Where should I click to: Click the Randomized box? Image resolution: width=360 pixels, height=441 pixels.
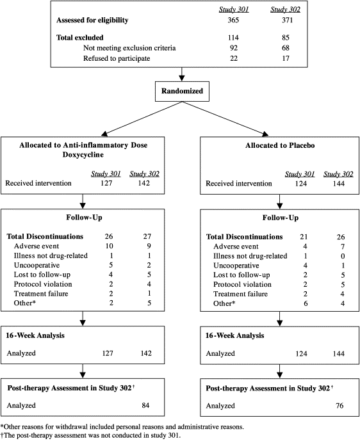pyautogui.click(x=182, y=92)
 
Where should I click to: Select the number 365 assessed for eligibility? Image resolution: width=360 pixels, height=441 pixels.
pyautogui.click(x=233, y=20)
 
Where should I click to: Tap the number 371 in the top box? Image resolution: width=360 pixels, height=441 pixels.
pyautogui.click(x=287, y=20)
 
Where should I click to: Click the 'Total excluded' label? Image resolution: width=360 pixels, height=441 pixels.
pyautogui.click(x=80, y=38)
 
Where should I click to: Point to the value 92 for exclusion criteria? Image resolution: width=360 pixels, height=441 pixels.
pyautogui.click(x=234, y=48)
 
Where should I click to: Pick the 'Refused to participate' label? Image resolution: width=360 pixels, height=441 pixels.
pyautogui.click(x=117, y=58)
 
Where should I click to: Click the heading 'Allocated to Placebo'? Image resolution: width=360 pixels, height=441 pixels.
pyautogui.click(x=280, y=145)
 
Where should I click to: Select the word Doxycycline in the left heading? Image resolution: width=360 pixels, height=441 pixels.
pyautogui.click(x=83, y=155)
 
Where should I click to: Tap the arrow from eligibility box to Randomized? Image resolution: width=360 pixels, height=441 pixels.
pyautogui.click(x=182, y=74)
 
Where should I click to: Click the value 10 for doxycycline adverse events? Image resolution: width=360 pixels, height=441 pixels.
pyautogui.click(x=109, y=246)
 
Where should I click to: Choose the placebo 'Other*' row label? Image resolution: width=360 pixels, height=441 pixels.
pyautogui.click(x=224, y=303)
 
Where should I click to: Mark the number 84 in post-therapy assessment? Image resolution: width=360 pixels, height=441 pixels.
pyautogui.click(x=145, y=405)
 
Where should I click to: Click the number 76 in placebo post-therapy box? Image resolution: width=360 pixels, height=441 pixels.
pyautogui.click(x=340, y=406)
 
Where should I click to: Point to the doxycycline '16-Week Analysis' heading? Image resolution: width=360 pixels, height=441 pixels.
pyautogui.click(x=35, y=335)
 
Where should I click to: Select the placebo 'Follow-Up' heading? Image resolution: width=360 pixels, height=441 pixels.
pyautogui.click(x=281, y=218)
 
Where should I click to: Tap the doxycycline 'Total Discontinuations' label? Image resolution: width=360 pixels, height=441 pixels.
pyautogui.click(x=45, y=236)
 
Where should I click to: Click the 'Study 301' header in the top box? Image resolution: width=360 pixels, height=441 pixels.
pyautogui.click(x=234, y=10)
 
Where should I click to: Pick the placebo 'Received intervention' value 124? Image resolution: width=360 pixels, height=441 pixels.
pyautogui.click(x=301, y=183)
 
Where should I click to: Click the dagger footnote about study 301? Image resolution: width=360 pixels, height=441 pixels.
pyautogui.click(x=90, y=435)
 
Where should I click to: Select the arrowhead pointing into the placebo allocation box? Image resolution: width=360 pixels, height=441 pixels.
pyautogui.click(x=265, y=134)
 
